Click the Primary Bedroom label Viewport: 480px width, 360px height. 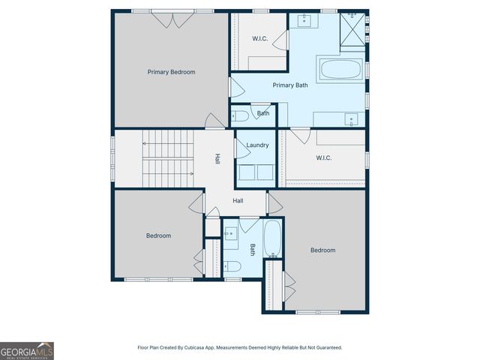pos(171,72)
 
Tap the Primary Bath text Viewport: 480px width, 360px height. pos(289,85)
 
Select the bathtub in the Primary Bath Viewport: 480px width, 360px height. pos(341,70)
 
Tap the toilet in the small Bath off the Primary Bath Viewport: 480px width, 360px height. pos(239,116)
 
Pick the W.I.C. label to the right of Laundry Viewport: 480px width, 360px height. pos(324,157)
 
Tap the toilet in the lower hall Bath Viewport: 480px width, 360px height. pos(232,266)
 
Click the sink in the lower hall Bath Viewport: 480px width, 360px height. pos(231,232)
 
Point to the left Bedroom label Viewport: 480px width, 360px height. pos(158,235)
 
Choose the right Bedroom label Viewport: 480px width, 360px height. pos(322,250)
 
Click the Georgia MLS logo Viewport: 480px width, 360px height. pos(27,350)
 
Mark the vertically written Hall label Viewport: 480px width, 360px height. pos(217,159)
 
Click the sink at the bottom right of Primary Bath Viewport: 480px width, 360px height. pos(349,118)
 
